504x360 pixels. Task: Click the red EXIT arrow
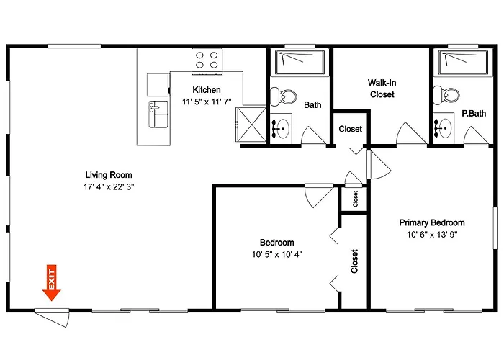[51, 283]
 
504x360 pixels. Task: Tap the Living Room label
[109, 175]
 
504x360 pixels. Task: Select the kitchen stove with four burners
[207, 61]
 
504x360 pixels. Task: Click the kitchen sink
[158, 114]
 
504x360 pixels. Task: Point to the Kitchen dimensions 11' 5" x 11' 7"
[207, 102]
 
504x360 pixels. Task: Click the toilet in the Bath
[283, 96]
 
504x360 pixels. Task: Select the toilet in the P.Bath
[446, 95]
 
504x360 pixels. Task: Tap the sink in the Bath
[281, 128]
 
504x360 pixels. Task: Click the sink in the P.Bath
[444, 128]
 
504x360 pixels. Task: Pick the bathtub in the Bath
[300, 63]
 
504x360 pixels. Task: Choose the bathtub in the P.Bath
[462, 63]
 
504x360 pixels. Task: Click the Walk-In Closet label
[382, 89]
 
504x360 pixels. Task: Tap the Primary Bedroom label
[432, 222]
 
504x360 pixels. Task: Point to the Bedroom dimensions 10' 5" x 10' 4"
[276, 255]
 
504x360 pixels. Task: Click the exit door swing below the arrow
[52, 318]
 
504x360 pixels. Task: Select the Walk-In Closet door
[412, 135]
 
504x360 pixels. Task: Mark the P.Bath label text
[474, 114]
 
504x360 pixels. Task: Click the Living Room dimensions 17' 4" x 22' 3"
[109, 186]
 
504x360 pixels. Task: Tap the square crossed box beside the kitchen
[251, 125]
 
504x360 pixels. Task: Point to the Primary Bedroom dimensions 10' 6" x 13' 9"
[432, 235]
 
